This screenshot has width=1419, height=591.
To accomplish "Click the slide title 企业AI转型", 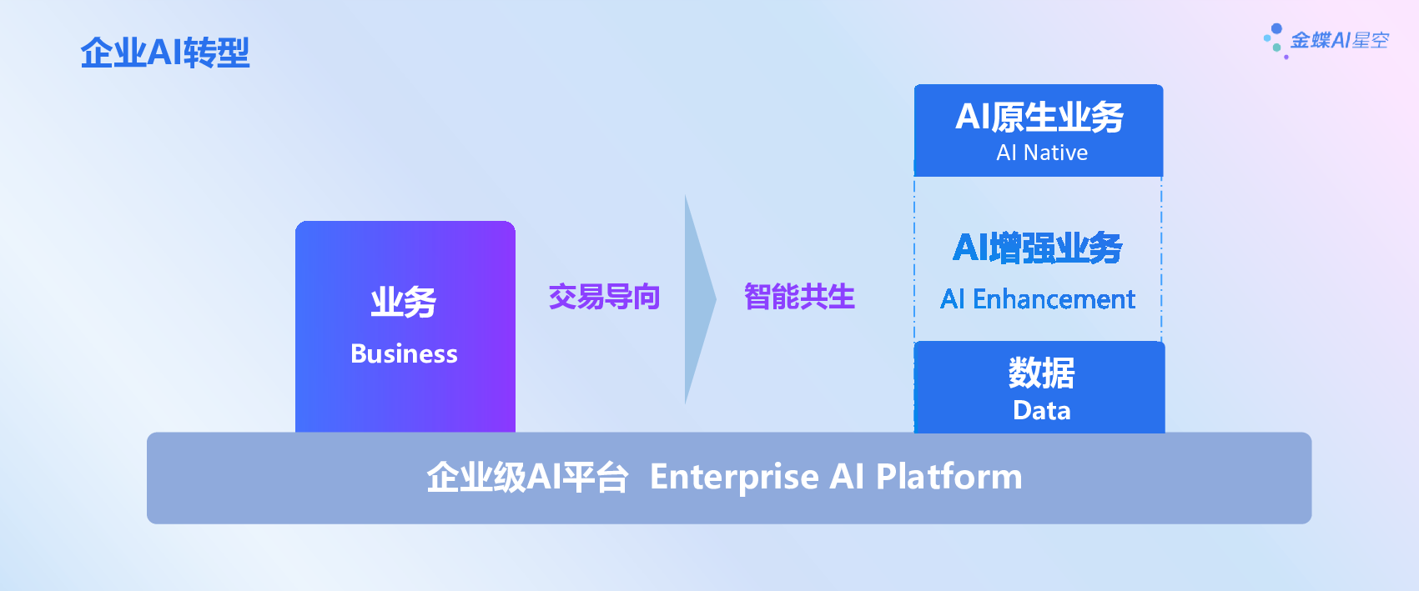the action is (164, 53).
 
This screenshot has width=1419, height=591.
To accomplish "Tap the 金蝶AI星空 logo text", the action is (1340, 41).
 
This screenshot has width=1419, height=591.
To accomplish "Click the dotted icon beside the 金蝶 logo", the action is (1276, 41).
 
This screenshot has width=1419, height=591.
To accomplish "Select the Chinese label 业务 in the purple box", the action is (404, 302).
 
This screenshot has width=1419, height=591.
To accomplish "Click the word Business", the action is (404, 353).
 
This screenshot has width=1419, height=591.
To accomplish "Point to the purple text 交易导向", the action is (604, 297).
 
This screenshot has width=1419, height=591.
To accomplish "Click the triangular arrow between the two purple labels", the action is (700, 299).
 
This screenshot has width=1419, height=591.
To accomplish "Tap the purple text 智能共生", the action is (799, 297).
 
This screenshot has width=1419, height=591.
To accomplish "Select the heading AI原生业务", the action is (1039, 117).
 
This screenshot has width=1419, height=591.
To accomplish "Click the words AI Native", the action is (1042, 153).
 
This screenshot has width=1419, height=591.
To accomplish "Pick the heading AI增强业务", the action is (1038, 248).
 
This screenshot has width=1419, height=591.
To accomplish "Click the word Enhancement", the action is (1054, 299).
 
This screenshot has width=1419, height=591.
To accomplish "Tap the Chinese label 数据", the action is (1041, 373).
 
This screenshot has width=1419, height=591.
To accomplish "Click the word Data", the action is (1042, 411).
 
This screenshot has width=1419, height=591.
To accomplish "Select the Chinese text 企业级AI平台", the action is (528, 477).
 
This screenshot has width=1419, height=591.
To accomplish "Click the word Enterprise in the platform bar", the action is (735, 477).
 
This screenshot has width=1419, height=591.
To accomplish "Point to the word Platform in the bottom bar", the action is (949, 476).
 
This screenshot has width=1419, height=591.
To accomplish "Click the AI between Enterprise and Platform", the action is (848, 477).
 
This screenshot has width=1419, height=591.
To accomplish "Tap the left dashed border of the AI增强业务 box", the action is (914, 258).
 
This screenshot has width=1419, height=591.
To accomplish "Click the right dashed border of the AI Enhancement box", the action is (1161, 258).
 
